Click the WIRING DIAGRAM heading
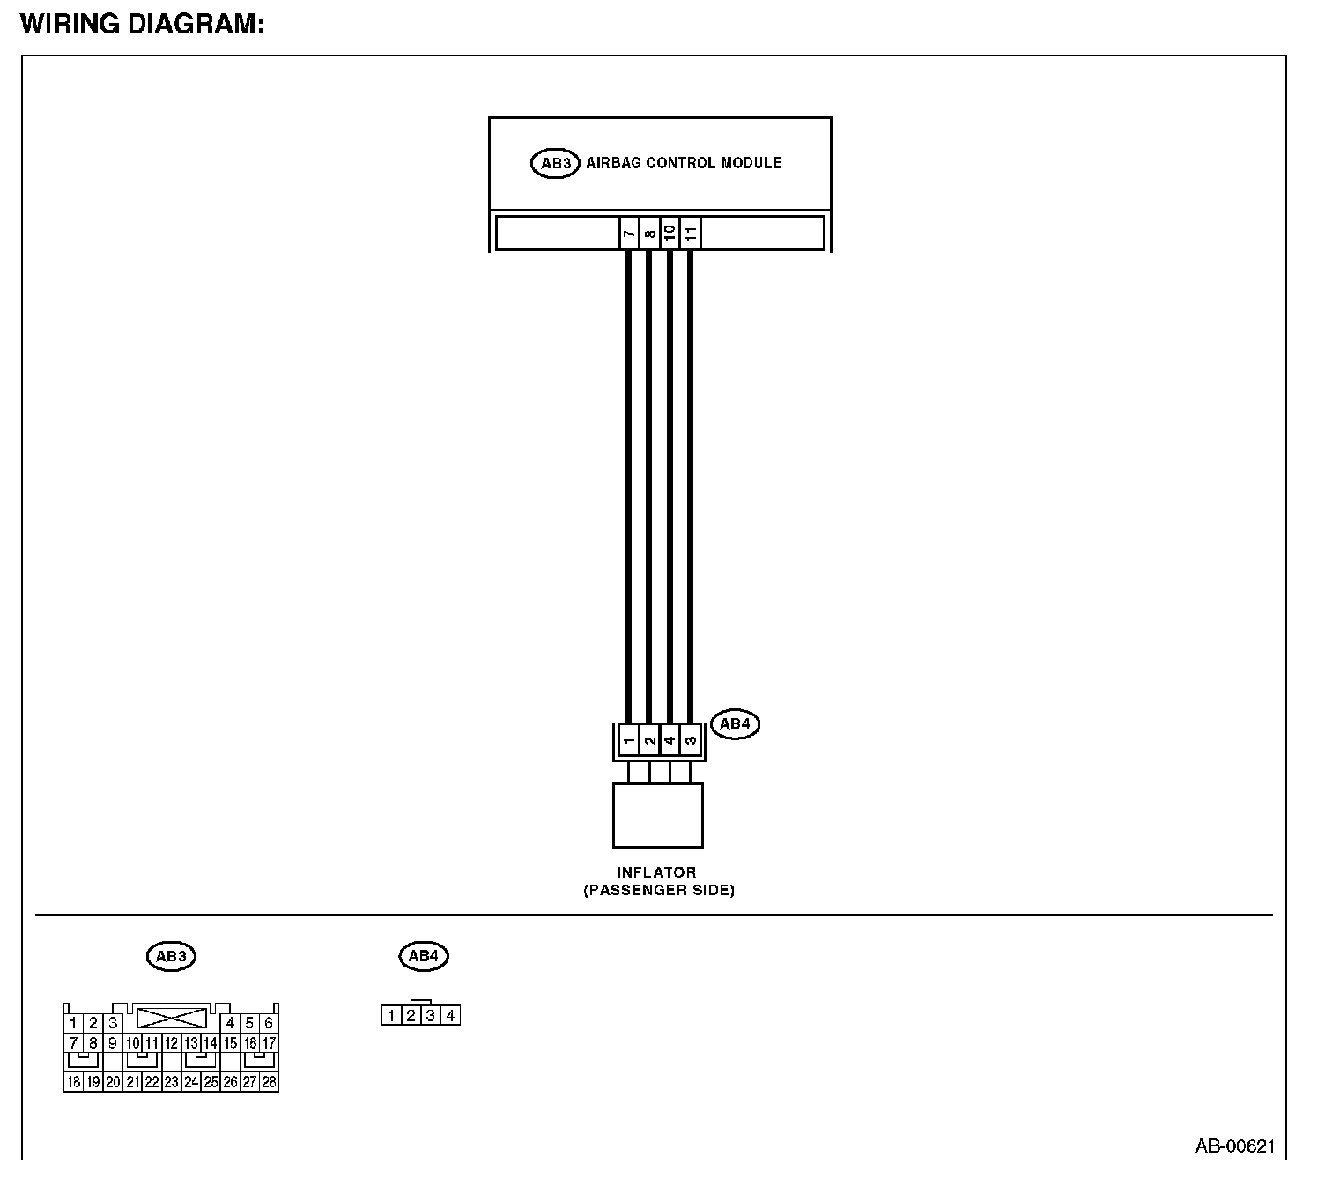pos(142,24)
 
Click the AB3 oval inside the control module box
pos(555,163)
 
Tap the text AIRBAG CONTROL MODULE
pos(684,163)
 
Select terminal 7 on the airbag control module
pos(629,233)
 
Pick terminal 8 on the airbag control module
pos(649,233)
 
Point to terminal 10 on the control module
pos(670,233)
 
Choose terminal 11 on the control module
pos(691,233)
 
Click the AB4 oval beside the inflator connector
pos(734,724)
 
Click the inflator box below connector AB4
pos(658,815)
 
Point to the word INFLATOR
pos(657,872)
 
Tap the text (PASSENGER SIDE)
pos(659,890)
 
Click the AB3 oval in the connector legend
pos(171,956)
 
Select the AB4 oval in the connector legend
pos(424,956)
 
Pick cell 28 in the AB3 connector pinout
pos(269,1082)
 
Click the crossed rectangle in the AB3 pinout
pos(172,1019)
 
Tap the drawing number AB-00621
pos(1234,1145)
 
